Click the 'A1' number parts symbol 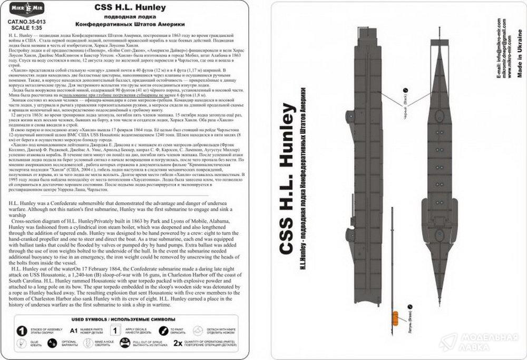[75, 331]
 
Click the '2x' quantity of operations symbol [178, 345]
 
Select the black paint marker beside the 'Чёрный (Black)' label [405, 90]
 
